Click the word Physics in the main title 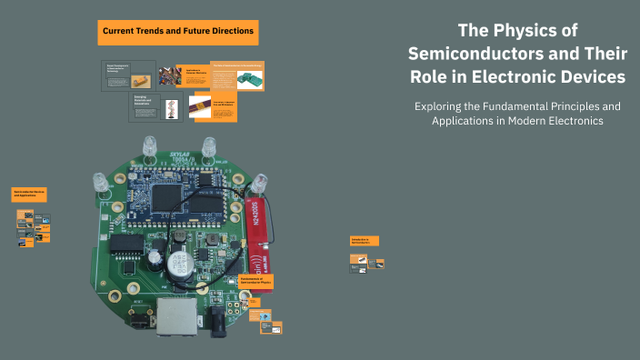point(545,31)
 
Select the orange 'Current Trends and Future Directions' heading point(178,33)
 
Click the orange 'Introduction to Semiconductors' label point(365,241)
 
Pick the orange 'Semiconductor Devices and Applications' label point(30,195)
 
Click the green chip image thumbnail point(250,79)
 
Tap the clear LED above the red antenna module point(262,181)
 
